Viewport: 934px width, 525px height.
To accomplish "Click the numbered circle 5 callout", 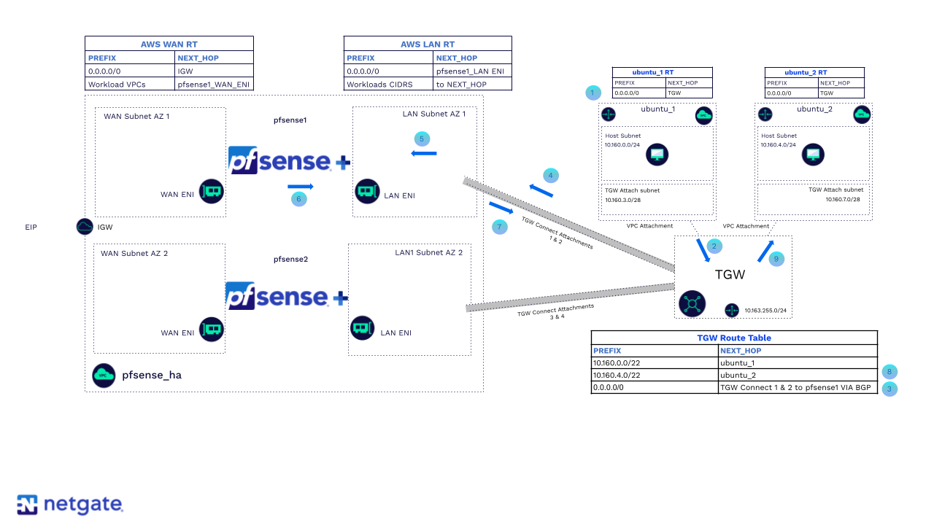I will pyautogui.click(x=421, y=139).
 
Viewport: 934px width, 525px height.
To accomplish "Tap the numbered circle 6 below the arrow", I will pyautogui.click(x=298, y=198).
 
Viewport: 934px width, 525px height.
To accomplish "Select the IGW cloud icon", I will pyautogui.click(x=85, y=227).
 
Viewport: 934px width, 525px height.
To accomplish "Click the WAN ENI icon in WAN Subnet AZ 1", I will pyautogui.click(x=211, y=192).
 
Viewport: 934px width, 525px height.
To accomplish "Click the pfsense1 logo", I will pyautogui.click(x=289, y=161).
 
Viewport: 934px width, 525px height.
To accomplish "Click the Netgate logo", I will pyautogui.click(x=70, y=505).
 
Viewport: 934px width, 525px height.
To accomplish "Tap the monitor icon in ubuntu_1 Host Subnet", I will pyautogui.click(x=657, y=155).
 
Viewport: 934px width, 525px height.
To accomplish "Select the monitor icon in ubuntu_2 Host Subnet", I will pyautogui.click(x=813, y=155).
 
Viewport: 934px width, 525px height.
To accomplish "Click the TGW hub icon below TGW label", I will pyautogui.click(x=692, y=303).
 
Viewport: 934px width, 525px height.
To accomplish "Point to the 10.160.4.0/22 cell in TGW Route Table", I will pyautogui.click(x=655, y=376).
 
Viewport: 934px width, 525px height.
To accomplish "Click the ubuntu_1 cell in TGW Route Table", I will pyautogui.click(x=798, y=363).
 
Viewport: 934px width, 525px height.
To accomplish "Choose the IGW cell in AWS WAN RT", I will pyautogui.click(x=215, y=71).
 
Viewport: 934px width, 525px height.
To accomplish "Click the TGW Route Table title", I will pyautogui.click(x=733, y=338).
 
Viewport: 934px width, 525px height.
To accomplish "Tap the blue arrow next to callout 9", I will pyautogui.click(x=765, y=250).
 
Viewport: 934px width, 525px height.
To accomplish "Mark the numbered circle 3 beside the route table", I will pyautogui.click(x=889, y=389).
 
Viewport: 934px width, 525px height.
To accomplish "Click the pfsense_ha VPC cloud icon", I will pyautogui.click(x=104, y=375).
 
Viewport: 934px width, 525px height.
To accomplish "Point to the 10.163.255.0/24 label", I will pyautogui.click(x=765, y=311).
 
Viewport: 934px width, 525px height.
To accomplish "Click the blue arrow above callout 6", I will pyautogui.click(x=300, y=187).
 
